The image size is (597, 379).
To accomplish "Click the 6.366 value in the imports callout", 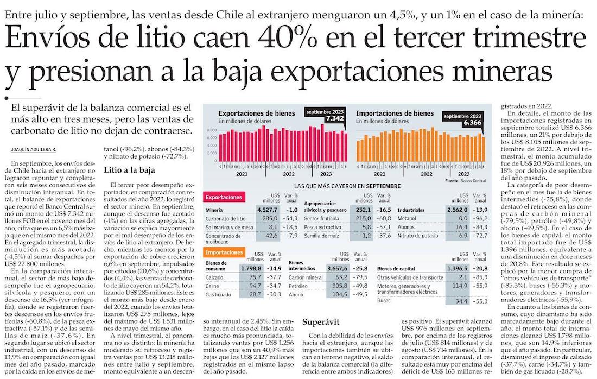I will tap(472, 123).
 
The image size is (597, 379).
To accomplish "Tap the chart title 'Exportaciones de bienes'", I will tap(257, 113).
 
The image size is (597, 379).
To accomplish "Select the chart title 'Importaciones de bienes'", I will tap(395, 113).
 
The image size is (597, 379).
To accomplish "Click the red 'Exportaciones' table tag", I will tap(224, 197).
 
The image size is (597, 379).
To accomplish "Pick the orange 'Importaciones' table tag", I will tap(224, 252).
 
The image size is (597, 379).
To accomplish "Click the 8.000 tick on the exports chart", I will tap(212, 131).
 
